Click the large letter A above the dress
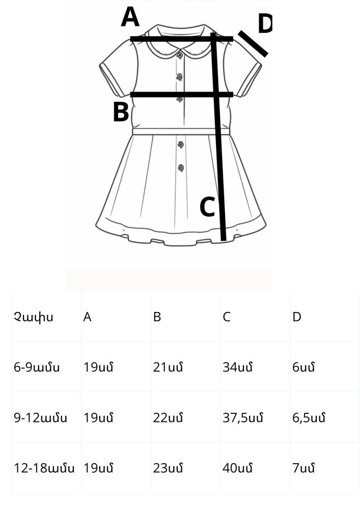[x=130, y=17]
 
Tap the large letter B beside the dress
[x=121, y=112]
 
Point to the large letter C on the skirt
[x=207, y=207]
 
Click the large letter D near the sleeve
[x=265, y=24]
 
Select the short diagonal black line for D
[x=253, y=44]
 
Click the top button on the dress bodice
[x=180, y=55]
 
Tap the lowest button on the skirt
[x=181, y=168]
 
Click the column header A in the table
[x=87, y=317]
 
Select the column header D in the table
[x=297, y=317]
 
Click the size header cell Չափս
[x=33, y=317]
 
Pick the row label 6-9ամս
[x=37, y=367]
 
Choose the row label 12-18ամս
[x=44, y=468]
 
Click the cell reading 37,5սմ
[x=243, y=418]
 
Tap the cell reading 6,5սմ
[x=309, y=418]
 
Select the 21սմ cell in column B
[x=168, y=367]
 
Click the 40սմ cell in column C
[x=238, y=468]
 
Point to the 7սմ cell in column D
[x=303, y=468]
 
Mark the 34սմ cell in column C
[x=238, y=367]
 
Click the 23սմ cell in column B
[x=168, y=468]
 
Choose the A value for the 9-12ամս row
[x=98, y=418]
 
